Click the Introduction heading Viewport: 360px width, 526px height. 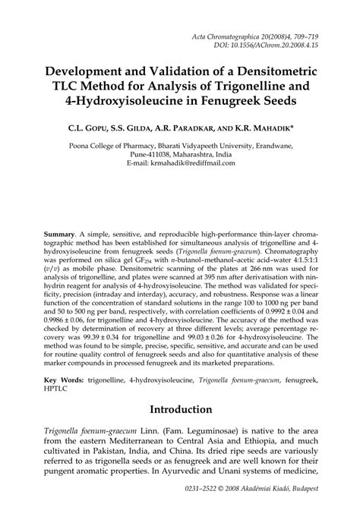(180, 411)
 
